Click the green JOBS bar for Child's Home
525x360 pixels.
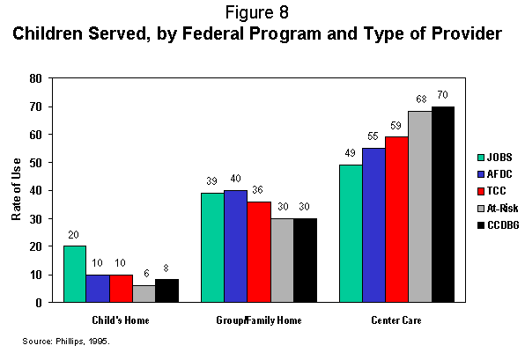pyautogui.click(x=74, y=274)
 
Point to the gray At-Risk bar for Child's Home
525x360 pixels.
pyautogui.click(x=143, y=293)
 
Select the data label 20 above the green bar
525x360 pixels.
pyautogui.click(x=74, y=236)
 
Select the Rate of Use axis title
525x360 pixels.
pyautogui.click(x=15, y=189)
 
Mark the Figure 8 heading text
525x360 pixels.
pyautogui.click(x=262, y=13)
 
